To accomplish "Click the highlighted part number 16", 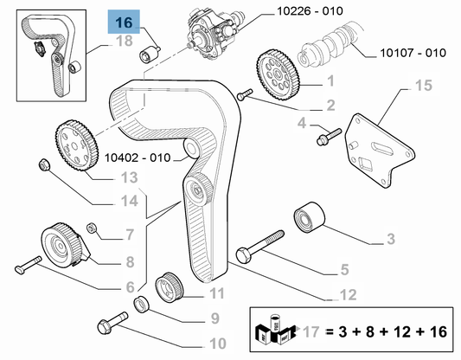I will click(125, 22).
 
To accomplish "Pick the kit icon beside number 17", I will click(274, 329).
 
